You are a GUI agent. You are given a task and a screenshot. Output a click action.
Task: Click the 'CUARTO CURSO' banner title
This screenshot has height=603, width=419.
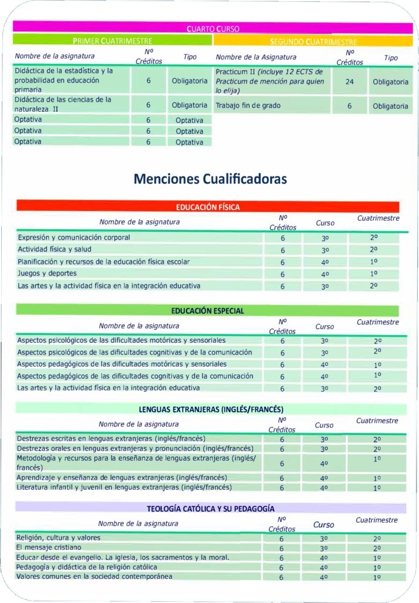coord(212,28)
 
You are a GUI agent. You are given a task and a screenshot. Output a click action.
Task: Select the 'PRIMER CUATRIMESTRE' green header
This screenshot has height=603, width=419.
coord(112,41)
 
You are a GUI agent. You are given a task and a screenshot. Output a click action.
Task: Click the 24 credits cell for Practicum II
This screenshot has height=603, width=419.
coord(350,82)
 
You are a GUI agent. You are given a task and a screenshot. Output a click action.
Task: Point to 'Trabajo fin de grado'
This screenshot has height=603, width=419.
coord(248,106)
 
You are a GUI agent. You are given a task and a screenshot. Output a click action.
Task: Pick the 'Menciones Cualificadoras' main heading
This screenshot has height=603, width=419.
coord(210,178)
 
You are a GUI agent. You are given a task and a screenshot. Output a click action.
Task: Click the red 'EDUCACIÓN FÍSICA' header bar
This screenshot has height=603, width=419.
coord(208,207)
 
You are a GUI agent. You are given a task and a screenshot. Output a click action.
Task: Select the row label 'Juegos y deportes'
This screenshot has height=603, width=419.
coord(47,274)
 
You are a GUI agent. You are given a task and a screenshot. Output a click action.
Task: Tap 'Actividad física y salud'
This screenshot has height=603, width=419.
coord(54,250)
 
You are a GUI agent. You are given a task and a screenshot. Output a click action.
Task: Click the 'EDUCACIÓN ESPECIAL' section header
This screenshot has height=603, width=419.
coord(207,310)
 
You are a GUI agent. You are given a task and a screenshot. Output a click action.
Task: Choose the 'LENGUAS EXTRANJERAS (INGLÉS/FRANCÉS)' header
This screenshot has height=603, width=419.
coord(211,409)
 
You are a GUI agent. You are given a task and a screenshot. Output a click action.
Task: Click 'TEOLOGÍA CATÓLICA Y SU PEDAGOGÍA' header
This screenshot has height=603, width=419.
coord(211,508)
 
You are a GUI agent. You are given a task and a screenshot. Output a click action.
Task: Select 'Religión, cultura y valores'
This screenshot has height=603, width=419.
coord(58,538)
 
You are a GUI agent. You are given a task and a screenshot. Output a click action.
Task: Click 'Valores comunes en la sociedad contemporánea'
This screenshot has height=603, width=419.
coord(94,577)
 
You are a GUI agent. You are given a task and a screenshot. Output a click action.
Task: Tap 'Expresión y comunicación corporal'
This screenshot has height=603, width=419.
coord(74,237)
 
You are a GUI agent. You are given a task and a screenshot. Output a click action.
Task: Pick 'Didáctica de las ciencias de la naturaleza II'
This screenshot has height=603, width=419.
coord(64,104)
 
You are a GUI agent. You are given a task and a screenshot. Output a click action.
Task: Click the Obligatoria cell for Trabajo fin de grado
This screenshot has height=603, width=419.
coord(390,106)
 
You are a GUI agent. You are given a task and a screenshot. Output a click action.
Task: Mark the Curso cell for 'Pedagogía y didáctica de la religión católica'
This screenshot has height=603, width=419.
coord(324,568)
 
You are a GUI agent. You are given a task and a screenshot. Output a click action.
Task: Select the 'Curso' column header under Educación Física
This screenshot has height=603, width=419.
coord(325,223)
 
